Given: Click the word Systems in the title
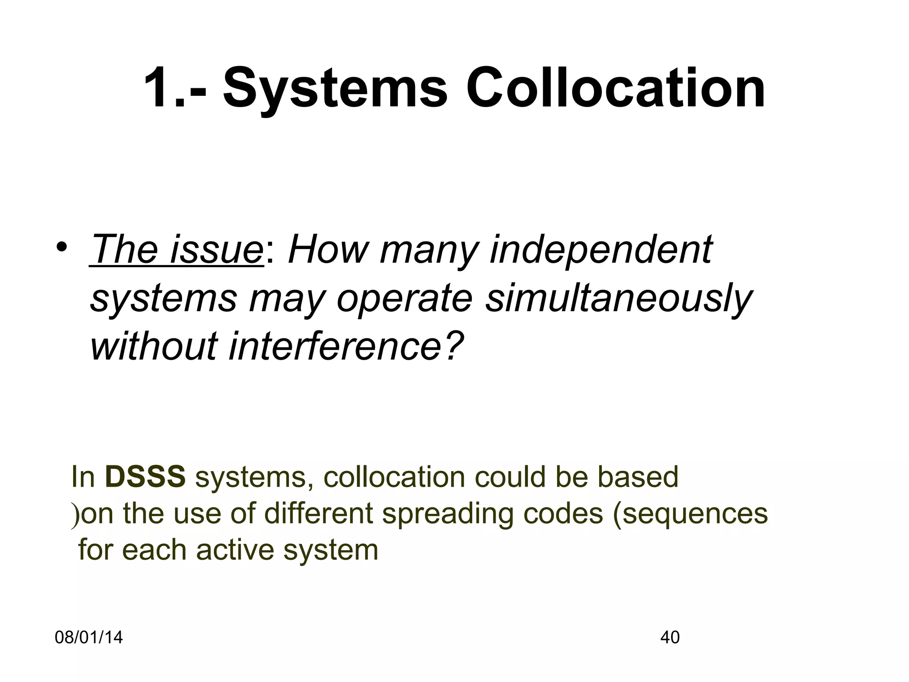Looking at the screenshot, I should (335, 87).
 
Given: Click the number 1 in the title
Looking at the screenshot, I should (158, 87).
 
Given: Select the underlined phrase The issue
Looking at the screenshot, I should (176, 250).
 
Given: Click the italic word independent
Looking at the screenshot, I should (601, 250).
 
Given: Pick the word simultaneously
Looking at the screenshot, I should (619, 299).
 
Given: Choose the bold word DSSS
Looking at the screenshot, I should (146, 477).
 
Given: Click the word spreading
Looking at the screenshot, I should (448, 514).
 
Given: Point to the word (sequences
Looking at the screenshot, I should (690, 514).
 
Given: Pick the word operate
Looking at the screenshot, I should (404, 299).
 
